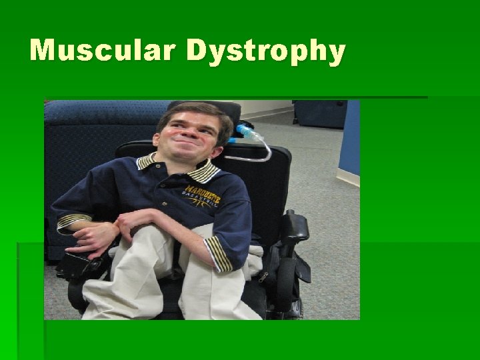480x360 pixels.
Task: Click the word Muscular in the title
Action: [x=103, y=51]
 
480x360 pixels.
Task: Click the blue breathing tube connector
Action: [x=246, y=132]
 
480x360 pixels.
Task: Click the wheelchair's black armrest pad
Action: [x=293, y=225]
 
